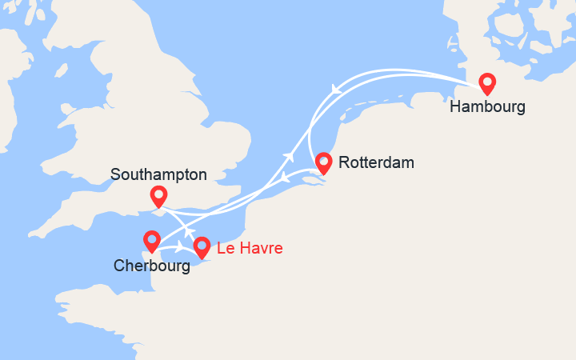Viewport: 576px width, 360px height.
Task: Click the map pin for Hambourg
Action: [486, 83]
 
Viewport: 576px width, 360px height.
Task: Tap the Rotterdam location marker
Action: [323, 162]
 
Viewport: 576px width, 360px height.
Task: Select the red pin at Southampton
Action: [158, 195]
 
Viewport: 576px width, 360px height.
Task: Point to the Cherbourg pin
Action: [151, 240]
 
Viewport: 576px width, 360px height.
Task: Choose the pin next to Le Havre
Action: [202, 247]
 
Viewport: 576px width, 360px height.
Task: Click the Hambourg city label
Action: [487, 106]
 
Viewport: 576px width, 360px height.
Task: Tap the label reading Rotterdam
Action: [376, 163]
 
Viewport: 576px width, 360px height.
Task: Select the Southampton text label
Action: [158, 174]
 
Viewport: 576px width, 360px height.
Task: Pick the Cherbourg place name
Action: [151, 266]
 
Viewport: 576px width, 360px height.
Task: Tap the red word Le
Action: [225, 249]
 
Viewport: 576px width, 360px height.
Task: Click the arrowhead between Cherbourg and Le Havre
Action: [178, 247]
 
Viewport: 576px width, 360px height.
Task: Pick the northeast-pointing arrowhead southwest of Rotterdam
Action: [286, 155]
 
